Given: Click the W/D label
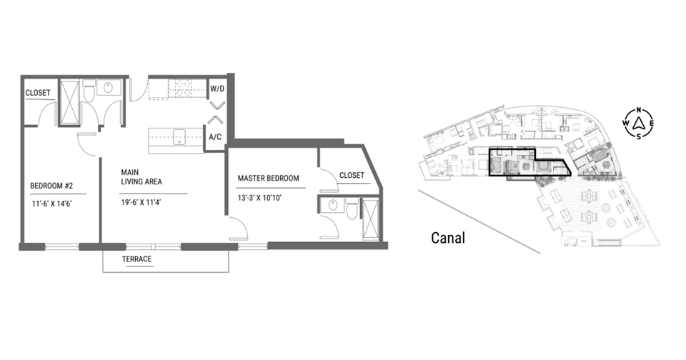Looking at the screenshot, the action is tap(217, 89).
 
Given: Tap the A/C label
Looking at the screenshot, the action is tap(215, 137).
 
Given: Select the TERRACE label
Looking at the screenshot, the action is tap(136, 259).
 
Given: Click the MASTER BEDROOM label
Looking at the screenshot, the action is tap(268, 178).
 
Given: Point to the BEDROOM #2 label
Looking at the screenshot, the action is tap(51, 186).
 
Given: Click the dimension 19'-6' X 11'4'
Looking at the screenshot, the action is tap(141, 202).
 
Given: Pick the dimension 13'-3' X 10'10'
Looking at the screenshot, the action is tap(259, 198).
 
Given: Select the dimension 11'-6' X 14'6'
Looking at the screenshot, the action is tap(51, 204).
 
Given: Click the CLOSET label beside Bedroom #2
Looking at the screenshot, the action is tap(38, 93).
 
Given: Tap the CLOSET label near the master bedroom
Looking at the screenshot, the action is tap(352, 176).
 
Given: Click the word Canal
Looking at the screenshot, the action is tap(448, 238).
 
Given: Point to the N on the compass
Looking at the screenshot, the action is tap(639, 110).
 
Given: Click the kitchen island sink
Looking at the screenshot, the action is tap(179, 137).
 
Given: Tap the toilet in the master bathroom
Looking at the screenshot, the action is tap(352, 211).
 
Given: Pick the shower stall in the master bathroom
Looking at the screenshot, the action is tap(370, 219).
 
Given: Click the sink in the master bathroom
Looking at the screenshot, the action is tap(332, 205).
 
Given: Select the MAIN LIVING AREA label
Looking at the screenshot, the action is tap(141, 177).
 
